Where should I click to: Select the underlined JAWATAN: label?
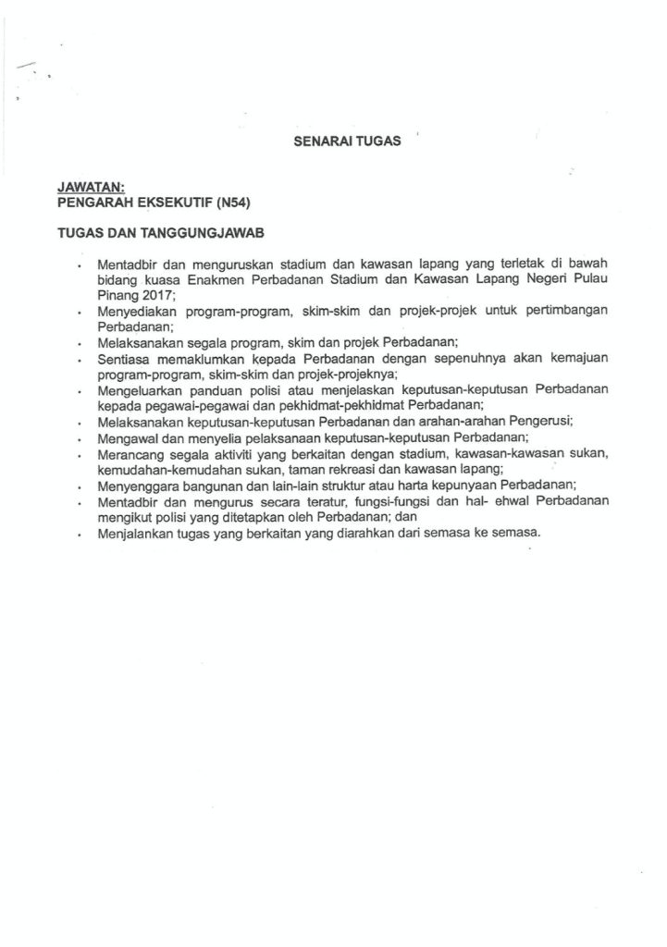coord(85,186)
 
